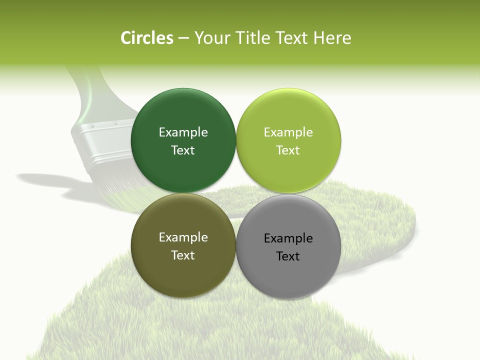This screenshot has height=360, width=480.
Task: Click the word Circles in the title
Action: pos(146,38)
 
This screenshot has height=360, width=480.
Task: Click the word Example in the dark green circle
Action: pos(183,132)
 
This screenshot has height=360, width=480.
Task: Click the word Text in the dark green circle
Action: pos(183,150)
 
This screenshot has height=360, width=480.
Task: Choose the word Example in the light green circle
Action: pos(288,132)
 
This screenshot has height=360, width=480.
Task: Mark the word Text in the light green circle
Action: pos(288,150)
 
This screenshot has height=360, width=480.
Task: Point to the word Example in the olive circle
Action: pos(183,237)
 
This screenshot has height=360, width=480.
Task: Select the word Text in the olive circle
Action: pos(183,255)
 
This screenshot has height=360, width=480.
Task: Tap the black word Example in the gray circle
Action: pos(288,238)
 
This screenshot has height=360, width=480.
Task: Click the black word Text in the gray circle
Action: pos(288,256)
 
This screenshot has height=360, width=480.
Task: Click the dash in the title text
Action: pos(183,38)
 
